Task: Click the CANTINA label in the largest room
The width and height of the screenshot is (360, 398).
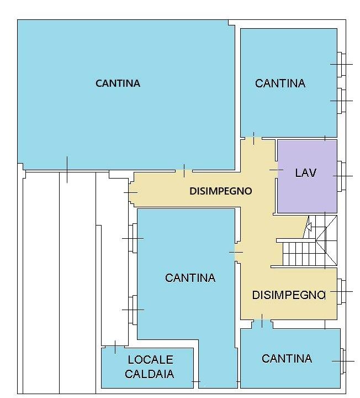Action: coord(118,83)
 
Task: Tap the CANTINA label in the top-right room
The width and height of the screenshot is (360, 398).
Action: coord(280,83)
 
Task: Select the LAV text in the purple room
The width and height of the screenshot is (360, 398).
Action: coord(306,173)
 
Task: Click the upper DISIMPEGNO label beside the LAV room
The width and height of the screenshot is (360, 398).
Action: coord(221,191)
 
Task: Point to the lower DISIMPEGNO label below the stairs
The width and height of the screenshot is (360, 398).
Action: coord(289,295)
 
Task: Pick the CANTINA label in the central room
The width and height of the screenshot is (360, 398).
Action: coord(190,277)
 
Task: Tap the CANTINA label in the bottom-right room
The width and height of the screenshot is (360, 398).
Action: coord(287,358)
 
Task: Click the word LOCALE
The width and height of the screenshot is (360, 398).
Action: coord(150,359)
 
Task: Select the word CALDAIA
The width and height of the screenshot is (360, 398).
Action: coord(149,374)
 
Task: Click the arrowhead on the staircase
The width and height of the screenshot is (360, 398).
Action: coord(309,227)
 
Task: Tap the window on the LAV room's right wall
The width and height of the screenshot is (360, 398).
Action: coord(341,176)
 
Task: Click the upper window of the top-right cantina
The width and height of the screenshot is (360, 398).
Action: coord(341,64)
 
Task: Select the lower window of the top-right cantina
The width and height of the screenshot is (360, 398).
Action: coord(341,101)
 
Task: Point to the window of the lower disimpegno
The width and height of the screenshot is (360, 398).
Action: coord(341,291)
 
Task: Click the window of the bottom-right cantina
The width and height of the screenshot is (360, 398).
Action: coord(343,361)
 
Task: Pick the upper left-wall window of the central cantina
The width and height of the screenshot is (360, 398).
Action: coord(133,238)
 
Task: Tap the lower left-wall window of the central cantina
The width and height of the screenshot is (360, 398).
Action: coord(133,310)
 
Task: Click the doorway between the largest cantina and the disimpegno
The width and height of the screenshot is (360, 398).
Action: coord(184,171)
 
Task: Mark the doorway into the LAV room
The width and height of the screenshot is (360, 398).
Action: coord(276,170)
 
